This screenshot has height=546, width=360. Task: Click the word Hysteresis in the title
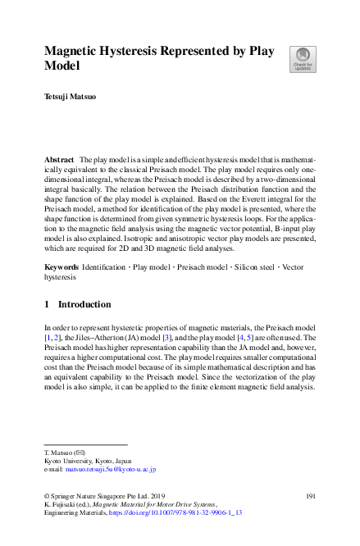(130, 50)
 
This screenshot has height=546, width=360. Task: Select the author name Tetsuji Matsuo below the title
(70, 96)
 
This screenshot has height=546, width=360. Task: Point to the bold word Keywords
(62, 268)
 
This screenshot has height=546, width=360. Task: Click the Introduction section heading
(79, 304)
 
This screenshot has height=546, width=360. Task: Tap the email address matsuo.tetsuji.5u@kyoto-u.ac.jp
(111, 470)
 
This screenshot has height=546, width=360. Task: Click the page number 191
(310, 496)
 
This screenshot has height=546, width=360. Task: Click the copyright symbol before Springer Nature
(46, 496)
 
